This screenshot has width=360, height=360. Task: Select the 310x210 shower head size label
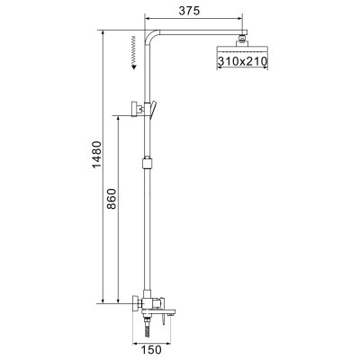pyautogui.click(x=244, y=60)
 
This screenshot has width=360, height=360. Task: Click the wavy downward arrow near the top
pyautogui.click(x=131, y=49)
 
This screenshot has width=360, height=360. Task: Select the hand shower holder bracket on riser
pyautogui.click(x=144, y=110)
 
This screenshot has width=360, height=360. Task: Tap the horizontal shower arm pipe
pyautogui.click(x=198, y=33)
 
